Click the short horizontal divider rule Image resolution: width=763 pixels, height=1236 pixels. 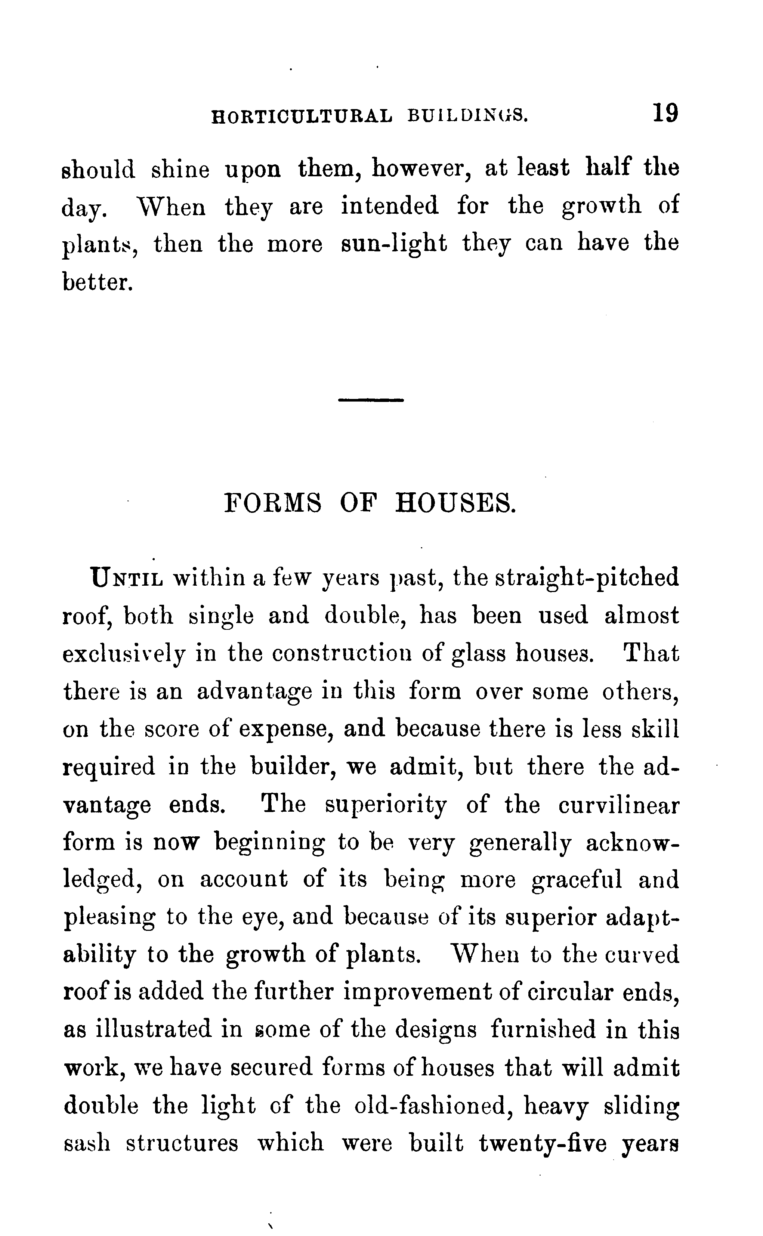(x=371, y=400)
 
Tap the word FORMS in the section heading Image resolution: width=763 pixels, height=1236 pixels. (x=272, y=503)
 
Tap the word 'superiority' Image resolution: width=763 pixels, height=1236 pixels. (x=385, y=806)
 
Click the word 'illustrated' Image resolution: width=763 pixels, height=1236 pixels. (x=154, y=1029)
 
